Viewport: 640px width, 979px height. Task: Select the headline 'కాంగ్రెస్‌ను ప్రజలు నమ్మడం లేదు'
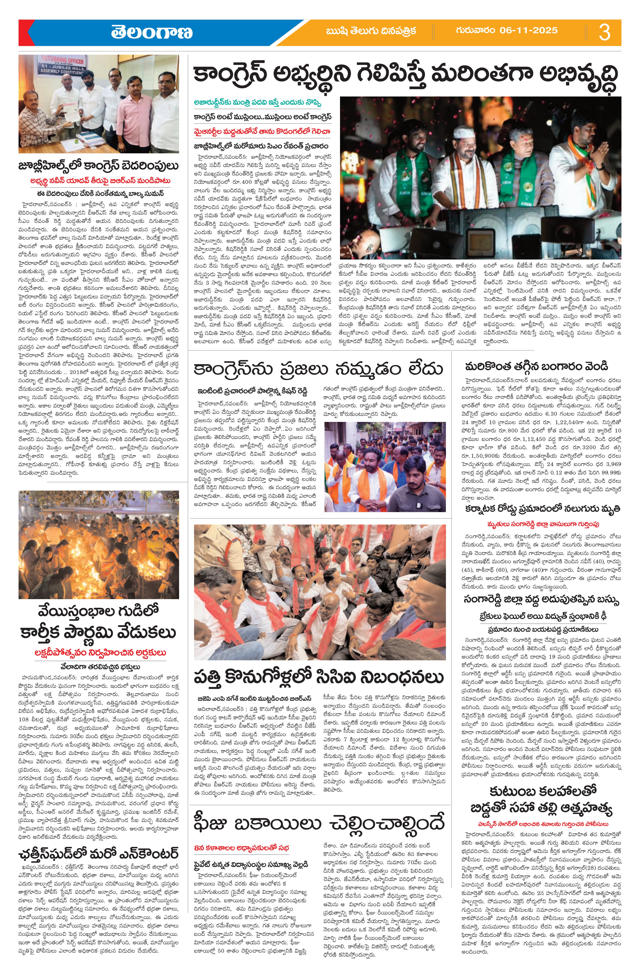[x=319, y=369]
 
